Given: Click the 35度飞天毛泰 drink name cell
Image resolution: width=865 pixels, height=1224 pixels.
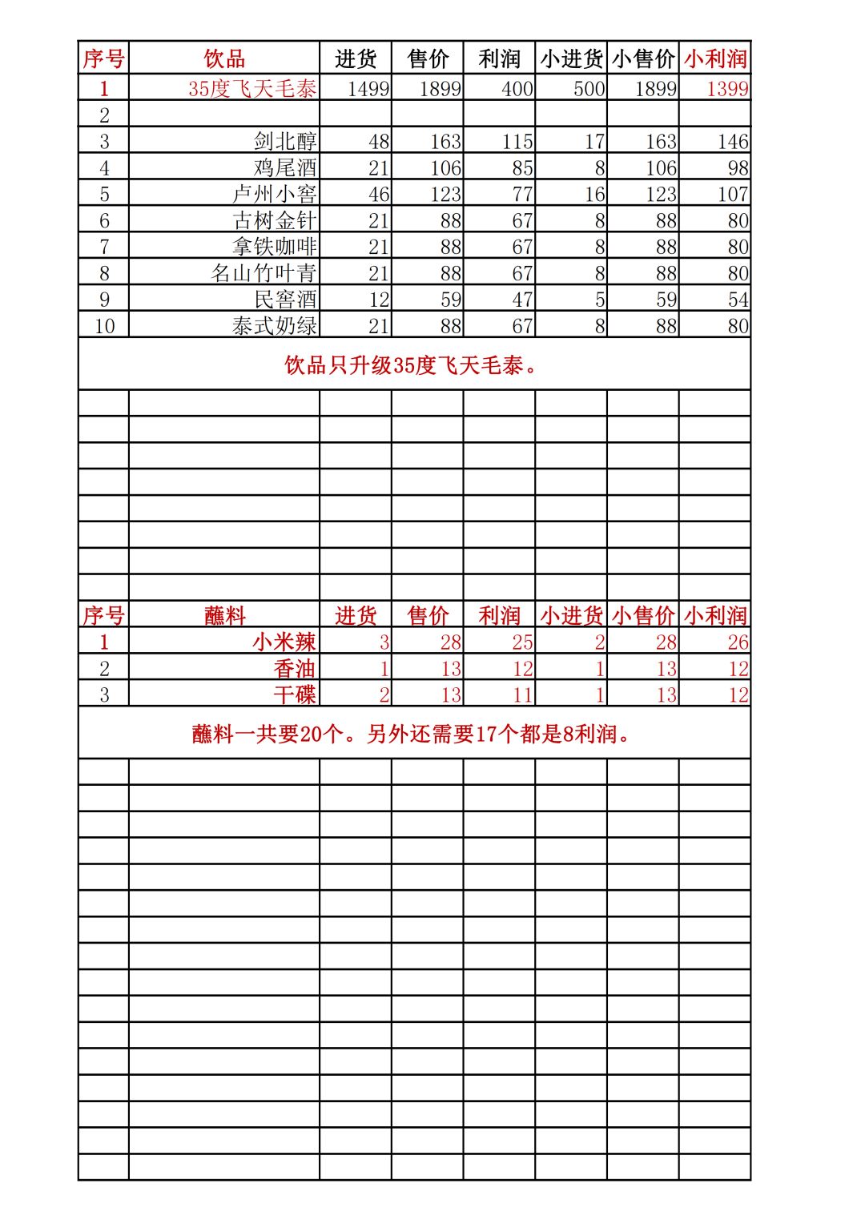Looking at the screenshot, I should [252, 88].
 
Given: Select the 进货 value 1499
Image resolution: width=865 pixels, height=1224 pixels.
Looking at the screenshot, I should [368, 88].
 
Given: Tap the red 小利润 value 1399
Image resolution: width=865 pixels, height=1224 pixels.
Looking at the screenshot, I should [726, 88].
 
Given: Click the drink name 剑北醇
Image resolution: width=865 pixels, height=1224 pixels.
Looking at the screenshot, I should [285, 141].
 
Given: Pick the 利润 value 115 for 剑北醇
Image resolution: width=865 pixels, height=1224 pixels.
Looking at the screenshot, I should [517, 141].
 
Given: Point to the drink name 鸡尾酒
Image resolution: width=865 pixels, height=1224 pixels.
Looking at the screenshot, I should [285, 167].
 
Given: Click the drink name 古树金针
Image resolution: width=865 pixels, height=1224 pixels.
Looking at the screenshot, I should [275, 220].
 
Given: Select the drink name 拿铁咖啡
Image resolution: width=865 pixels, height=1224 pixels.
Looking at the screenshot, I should [275, 247].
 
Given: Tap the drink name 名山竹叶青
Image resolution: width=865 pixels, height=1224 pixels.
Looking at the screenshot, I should [264, 273].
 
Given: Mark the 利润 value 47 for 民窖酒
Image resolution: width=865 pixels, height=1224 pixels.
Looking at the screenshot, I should [522, 300].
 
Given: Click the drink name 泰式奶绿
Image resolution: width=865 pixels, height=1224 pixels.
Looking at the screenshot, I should [275, 326].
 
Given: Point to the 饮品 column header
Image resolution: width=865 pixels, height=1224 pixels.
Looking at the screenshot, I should [224, 58].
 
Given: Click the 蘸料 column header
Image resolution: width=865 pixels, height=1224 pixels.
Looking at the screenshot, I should [224, 615].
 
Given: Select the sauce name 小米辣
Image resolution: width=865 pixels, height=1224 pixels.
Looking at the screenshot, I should [284, 642].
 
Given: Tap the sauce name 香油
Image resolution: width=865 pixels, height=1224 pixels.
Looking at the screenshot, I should [295, 668].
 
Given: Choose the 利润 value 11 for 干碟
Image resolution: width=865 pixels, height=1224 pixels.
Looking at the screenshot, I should [522, 695].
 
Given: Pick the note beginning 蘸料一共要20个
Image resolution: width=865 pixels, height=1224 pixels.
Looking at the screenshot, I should [412, 733].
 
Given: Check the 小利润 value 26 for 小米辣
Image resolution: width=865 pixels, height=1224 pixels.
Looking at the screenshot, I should [738, 642].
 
